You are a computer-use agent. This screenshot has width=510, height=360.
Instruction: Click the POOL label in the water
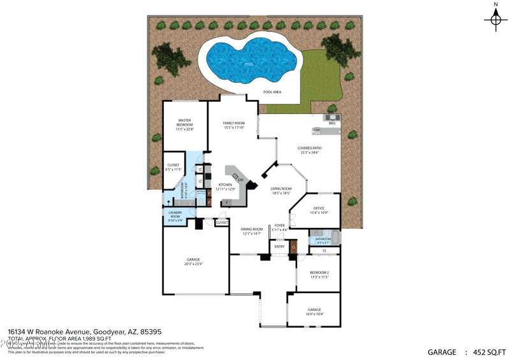(249, 64)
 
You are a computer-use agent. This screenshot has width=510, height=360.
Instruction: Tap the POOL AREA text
(272, 92)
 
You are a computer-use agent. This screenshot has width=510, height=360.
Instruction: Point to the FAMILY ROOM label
(234, 125)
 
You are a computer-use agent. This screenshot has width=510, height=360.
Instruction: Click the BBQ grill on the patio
(331, 117)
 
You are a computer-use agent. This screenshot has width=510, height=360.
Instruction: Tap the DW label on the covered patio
(317, 130)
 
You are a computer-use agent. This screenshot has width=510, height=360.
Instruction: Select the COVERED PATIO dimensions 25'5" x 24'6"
(309, 153)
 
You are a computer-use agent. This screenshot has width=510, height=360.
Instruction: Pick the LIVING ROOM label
(281, 191)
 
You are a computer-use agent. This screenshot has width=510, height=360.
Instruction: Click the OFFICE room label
(319, 210)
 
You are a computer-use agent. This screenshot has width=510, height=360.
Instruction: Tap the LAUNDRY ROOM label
(175, 216)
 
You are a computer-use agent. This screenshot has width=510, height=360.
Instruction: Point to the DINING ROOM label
(252, 231)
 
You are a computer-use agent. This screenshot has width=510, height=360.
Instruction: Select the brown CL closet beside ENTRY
(294, 246)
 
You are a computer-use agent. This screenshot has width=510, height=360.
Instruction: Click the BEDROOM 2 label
(319, 275)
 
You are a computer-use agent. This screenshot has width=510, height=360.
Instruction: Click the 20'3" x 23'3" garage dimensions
(193, 263)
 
